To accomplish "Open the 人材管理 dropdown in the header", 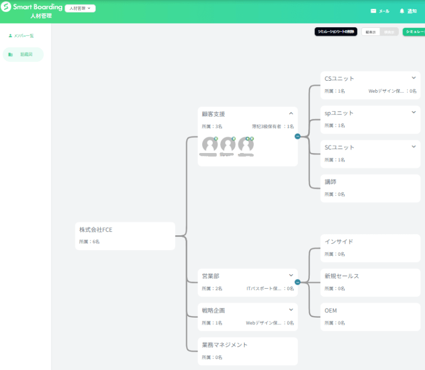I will tap(80, 8).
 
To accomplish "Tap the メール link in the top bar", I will tap(380, 11).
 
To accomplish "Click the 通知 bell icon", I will tap(402, 10).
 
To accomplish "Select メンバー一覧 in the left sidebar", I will tap(21, 36).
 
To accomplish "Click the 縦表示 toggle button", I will tap(370, 32).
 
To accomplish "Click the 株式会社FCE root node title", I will tap(95, 230).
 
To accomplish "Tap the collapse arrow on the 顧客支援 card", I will tap(291, 114).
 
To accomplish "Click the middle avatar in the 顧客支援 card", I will tap(227, 145).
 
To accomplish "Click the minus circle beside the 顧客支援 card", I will tap(297, 136).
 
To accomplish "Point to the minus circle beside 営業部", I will tap(297, 282).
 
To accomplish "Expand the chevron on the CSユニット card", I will tap(413, 78).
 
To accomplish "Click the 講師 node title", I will tap(331, 182).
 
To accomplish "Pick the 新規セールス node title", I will tap(342, 276).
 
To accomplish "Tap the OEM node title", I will tap(331, 311).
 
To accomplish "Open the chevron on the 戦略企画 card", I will tap(291, 310).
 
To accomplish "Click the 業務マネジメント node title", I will tap(225, 345).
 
